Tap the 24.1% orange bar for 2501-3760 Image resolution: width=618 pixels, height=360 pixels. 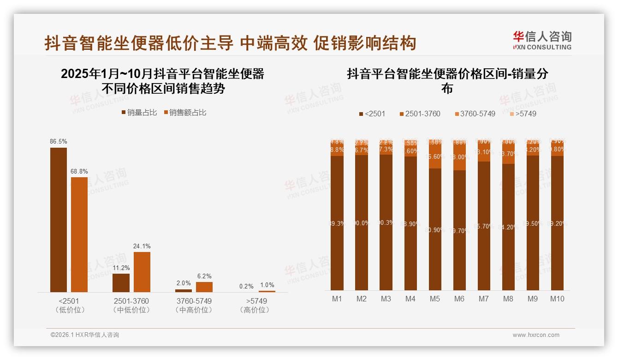(142, 272)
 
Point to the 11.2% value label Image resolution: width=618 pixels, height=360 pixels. (121, 268)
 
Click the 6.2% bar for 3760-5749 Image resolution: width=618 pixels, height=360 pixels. (204, 287)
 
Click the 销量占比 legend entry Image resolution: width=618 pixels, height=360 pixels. (139, 113)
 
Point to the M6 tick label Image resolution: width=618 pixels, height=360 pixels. (459, 299)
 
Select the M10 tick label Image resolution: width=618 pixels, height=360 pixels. (557, 299)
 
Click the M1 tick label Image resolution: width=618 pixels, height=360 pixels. (337, 299)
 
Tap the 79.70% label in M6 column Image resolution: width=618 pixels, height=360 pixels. (459, 231)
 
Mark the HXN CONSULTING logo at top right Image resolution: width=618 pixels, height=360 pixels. (542, 41)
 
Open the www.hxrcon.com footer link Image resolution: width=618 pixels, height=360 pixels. (536, 335)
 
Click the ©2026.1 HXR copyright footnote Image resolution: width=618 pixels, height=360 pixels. (84, 335)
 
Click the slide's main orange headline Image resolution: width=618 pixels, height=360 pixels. (230, 43)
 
